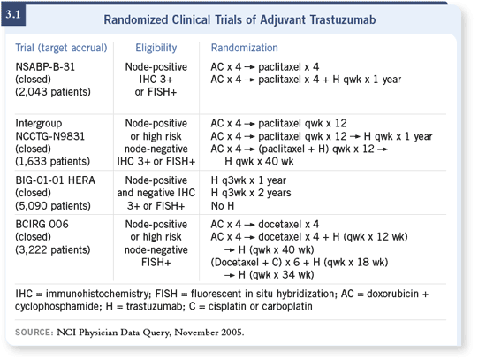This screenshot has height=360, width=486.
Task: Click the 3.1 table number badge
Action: tap(13, 14)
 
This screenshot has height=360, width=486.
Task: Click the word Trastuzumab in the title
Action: tap(343, 19)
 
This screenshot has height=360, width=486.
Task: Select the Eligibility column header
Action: tap(156, 48)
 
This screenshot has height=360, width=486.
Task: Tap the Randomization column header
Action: tap(244, 48)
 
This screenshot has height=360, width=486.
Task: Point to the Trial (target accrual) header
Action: tap(61, 48)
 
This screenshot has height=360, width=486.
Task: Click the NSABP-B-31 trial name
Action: tap(45, 66)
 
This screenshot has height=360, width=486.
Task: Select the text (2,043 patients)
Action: tap(53, 92)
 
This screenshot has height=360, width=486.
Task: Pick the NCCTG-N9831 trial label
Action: tap(49, 136)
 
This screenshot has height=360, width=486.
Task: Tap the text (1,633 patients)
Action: tap(53, 161)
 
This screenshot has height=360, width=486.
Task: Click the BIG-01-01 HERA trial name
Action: tap(55, 180)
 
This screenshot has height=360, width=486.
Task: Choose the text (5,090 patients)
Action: tap(53, 206)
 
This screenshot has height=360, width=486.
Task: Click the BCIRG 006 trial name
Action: tap(42, 224)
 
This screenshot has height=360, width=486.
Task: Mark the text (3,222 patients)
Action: tap(53, 249)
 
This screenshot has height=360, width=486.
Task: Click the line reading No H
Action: tap(223, 206)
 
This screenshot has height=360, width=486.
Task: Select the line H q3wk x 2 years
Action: tap(251, 193)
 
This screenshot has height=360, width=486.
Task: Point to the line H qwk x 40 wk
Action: tap(259, 161)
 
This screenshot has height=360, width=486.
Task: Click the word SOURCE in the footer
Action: tap(34, 333)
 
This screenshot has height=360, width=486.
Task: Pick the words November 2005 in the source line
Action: tap(209, 333)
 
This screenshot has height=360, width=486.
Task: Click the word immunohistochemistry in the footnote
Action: tap(98, 294)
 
